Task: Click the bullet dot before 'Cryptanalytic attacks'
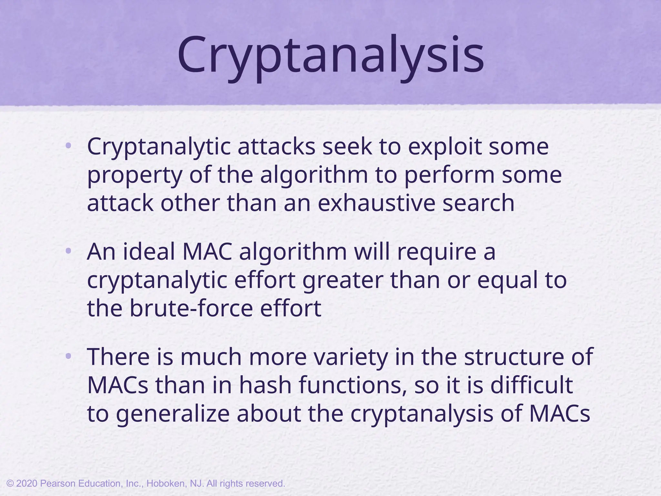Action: pos(68,146)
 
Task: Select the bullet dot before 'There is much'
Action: pos(68,356)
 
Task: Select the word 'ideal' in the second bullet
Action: pos(149,252)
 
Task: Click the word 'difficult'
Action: pos(532,385)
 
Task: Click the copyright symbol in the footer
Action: pos(10,484)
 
